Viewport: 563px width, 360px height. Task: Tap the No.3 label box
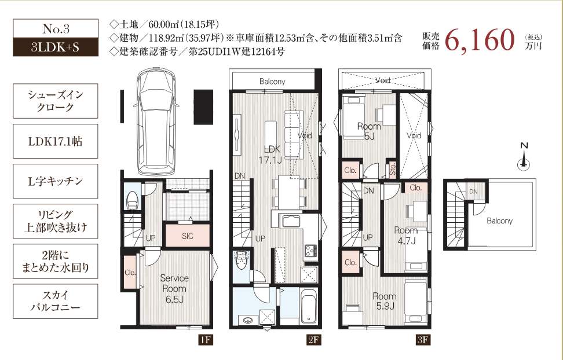pos(56,28)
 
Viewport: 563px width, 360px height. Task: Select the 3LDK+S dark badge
pos(56,47)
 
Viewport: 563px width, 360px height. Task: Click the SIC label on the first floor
pos(187,235)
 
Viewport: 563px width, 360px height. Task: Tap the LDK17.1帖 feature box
pos(56,141)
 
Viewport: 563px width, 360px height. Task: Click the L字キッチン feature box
pos(56,181)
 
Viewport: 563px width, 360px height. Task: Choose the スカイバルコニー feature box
pos(56,301)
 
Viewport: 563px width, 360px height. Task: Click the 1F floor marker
pos(205,340)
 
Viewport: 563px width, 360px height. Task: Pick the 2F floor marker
pos(313,340)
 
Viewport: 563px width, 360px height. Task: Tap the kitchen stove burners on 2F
pos(308,251)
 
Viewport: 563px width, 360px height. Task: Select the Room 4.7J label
pos(405,235)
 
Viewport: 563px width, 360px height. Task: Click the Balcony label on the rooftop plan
pos(499,221)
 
